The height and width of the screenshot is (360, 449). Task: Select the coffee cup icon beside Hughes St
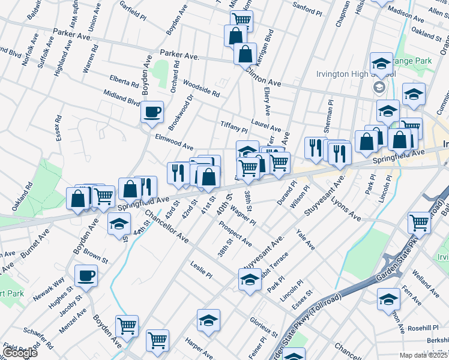coord(86,275)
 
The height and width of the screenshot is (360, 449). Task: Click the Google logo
coord(19,352)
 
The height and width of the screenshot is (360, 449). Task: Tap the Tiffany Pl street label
coord(235,126)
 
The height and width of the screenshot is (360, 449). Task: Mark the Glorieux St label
coord(264,327)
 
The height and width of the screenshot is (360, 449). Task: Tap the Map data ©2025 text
coord(423,355)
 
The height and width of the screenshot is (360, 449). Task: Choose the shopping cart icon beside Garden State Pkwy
coord(419,223)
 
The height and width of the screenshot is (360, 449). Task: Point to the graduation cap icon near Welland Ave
coord(388,298)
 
